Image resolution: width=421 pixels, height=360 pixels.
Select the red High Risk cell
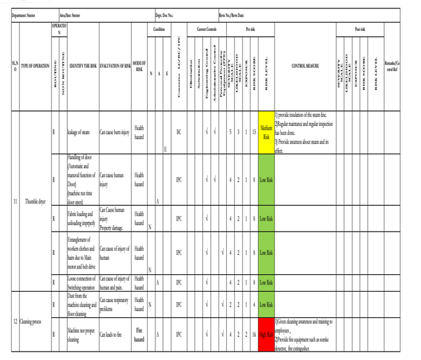click(x=266, y=334)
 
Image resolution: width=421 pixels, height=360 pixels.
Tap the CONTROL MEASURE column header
click(x=305, y=66)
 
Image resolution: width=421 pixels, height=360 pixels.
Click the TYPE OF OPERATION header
click(x=35, y=66)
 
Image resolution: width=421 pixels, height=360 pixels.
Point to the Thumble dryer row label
click(x=35, y=201)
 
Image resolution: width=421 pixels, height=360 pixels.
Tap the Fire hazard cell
click(x=139, y=334)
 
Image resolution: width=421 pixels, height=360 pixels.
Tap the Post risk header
click(x=360, y=29)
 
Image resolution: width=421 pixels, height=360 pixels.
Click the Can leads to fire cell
click(x=111, y=334)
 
